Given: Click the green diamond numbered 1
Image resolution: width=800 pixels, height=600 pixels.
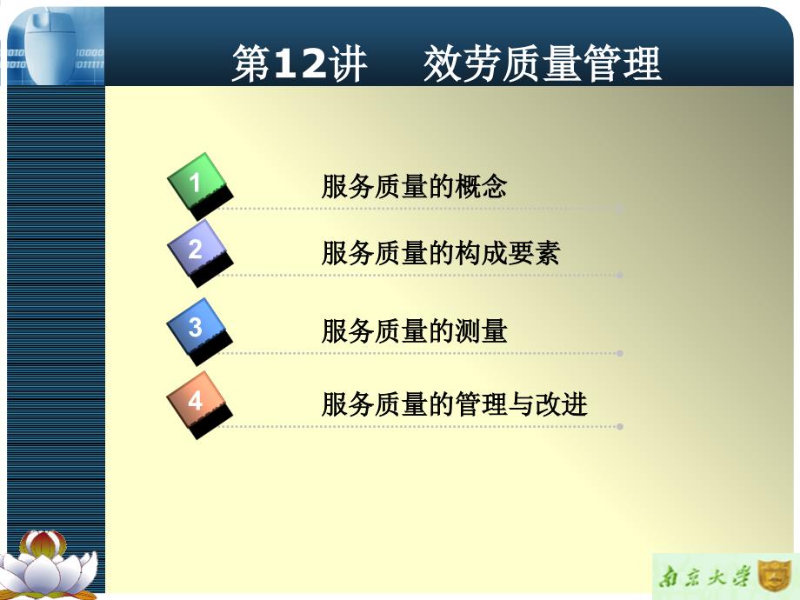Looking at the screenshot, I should [x=197, y=183].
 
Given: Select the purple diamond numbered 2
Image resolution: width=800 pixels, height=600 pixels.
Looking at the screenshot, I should [x=197, y=250].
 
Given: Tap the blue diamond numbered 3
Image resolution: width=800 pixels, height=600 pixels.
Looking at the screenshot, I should [x=197, y=328].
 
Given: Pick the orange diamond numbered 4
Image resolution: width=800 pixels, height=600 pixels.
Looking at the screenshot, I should [x=197, y=402].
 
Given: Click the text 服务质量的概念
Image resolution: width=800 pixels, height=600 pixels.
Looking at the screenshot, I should [x=414, y=187].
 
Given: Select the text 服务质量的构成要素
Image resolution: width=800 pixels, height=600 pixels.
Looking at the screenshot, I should [x=441, y=254].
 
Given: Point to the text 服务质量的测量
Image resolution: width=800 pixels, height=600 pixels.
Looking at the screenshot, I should [x=414, y=331].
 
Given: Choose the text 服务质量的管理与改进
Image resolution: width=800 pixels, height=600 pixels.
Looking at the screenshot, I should [x=454, y=405].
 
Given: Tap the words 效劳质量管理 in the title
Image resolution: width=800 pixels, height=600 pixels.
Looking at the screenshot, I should [x=543, y=65].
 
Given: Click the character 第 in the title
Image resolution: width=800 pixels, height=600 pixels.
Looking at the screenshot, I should [x=251, y=65].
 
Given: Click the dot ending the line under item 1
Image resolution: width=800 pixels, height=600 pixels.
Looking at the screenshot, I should [x=619, y=209].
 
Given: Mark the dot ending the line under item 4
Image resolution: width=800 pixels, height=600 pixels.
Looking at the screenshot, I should [x=619, y=427].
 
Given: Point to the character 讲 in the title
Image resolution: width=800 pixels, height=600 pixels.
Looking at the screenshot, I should [x=350, y=65].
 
